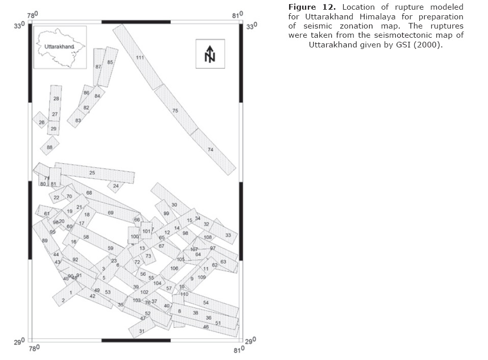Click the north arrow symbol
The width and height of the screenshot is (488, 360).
210,54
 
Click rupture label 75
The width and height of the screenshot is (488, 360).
175,111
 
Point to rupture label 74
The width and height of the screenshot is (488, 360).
210,149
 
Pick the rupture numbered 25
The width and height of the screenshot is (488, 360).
92,173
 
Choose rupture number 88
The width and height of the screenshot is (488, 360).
49,147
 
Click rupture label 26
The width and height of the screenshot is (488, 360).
42,122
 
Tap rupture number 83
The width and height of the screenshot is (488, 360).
78,121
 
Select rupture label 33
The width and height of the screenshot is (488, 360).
228,235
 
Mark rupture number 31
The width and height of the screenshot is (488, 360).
142,331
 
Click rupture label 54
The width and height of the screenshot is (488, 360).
206,302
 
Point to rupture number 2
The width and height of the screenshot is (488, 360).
63,301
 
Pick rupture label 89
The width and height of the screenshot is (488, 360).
45,241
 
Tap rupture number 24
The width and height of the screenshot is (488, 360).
116,186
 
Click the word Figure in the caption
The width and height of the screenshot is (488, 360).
302,7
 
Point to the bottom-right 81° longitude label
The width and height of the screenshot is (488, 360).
237,350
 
